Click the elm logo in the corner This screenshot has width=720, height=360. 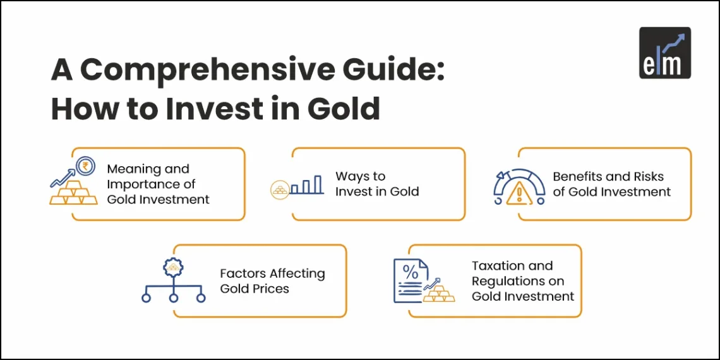tap(664, 52)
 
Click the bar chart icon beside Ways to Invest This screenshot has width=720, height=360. tap(307, 185)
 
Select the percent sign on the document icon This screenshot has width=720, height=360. tap(410, 273)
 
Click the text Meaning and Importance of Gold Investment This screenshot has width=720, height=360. tap(158, 184)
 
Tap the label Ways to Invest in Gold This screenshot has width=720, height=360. tap(377, 184)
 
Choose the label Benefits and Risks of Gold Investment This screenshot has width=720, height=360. tap(611, 184)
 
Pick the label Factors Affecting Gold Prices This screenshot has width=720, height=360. tap(272, 281)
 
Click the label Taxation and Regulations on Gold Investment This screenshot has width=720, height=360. tap(523, 281)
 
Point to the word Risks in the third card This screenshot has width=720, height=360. tap(646, 176)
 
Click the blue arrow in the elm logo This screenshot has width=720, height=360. tap(675, 42)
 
